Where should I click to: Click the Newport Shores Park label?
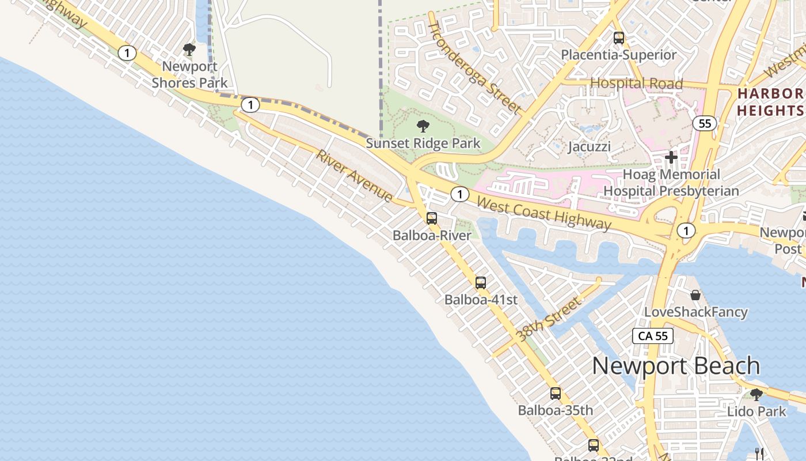[189, 74]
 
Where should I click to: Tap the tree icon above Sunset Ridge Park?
[423, 126]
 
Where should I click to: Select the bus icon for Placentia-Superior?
[619, 38]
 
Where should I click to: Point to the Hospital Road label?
[636, 84]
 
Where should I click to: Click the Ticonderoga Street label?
[475, 67]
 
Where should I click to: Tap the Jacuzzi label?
[589, 146]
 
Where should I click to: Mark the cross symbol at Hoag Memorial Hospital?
[671, 157]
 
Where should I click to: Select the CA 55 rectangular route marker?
[653, 336]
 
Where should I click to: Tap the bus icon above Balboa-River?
[432, 218]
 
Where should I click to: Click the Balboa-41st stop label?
[481, 300]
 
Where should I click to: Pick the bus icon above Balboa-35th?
[556, 394]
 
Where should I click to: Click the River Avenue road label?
[355, 176]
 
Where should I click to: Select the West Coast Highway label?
[543, 213]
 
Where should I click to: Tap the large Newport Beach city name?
[676, 366]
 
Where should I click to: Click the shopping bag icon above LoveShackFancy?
[695, 295]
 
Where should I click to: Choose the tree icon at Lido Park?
[756, 395]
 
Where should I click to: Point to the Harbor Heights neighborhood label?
[771, 102]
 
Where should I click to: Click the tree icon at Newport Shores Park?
[189, 50]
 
